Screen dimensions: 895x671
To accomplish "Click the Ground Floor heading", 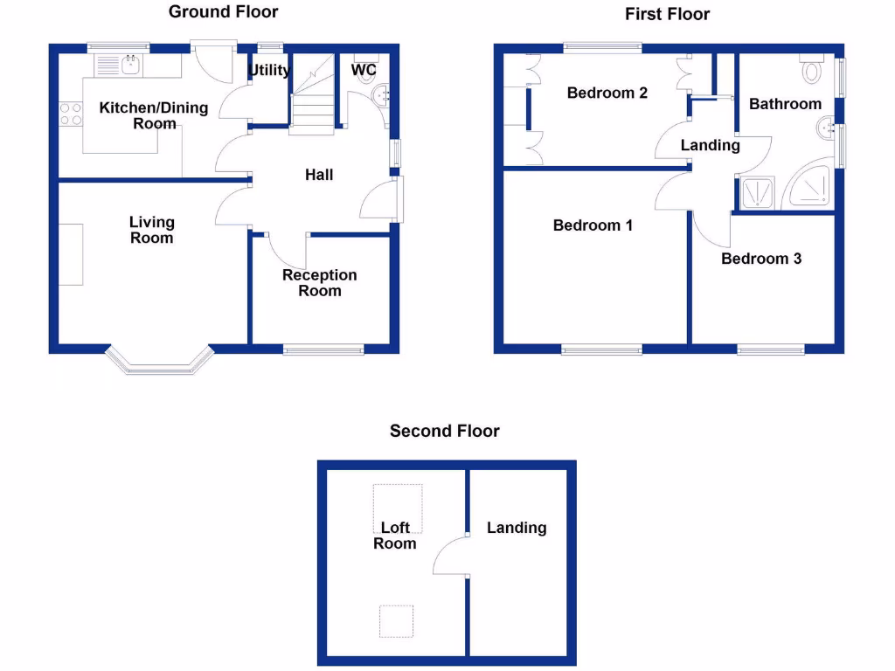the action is coord(223,12).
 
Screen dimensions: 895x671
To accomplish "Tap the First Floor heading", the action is coord(667,14).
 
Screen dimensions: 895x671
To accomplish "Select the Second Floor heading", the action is coord(445,431).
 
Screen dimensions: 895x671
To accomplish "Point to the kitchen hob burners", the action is coord(71,114).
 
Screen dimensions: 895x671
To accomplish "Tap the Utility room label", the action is coord(269,70).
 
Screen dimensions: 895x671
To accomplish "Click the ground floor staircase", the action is coord(312,94).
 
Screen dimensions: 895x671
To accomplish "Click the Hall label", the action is coord(319,175).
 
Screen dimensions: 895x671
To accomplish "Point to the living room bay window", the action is coord(161,361).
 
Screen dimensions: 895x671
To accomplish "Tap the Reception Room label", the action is coord(320,283).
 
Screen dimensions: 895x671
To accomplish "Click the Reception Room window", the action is coord(323,349).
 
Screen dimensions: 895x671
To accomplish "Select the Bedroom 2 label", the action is coord(607,93).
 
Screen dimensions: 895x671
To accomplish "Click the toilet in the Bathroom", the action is coord(812,68).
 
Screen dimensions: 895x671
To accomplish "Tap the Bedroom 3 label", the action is coord(761,259).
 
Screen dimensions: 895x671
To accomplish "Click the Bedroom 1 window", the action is coord(601,349).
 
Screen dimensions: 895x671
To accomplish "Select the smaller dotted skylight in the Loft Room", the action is coord(396,621).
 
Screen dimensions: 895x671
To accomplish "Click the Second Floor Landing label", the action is coord(517,528).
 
